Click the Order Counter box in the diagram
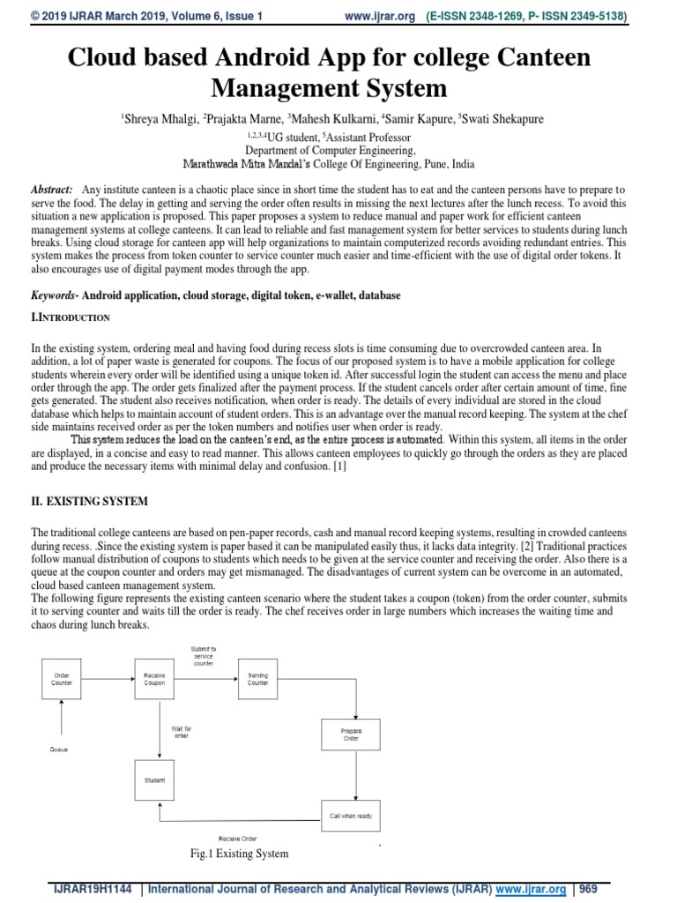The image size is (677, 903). coord(62,678)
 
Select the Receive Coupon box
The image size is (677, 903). coord(154,678)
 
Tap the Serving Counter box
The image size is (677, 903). coord(257,678)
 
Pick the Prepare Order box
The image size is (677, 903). coord(351,735)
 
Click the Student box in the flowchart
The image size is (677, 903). coord(154,780)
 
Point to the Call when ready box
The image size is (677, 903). coord(351,816)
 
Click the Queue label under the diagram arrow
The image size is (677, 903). coord(58,749)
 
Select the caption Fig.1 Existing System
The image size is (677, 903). coord(239,854)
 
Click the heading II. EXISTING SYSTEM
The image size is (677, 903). coord(89,501)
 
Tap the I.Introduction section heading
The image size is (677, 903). coord(70,317)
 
